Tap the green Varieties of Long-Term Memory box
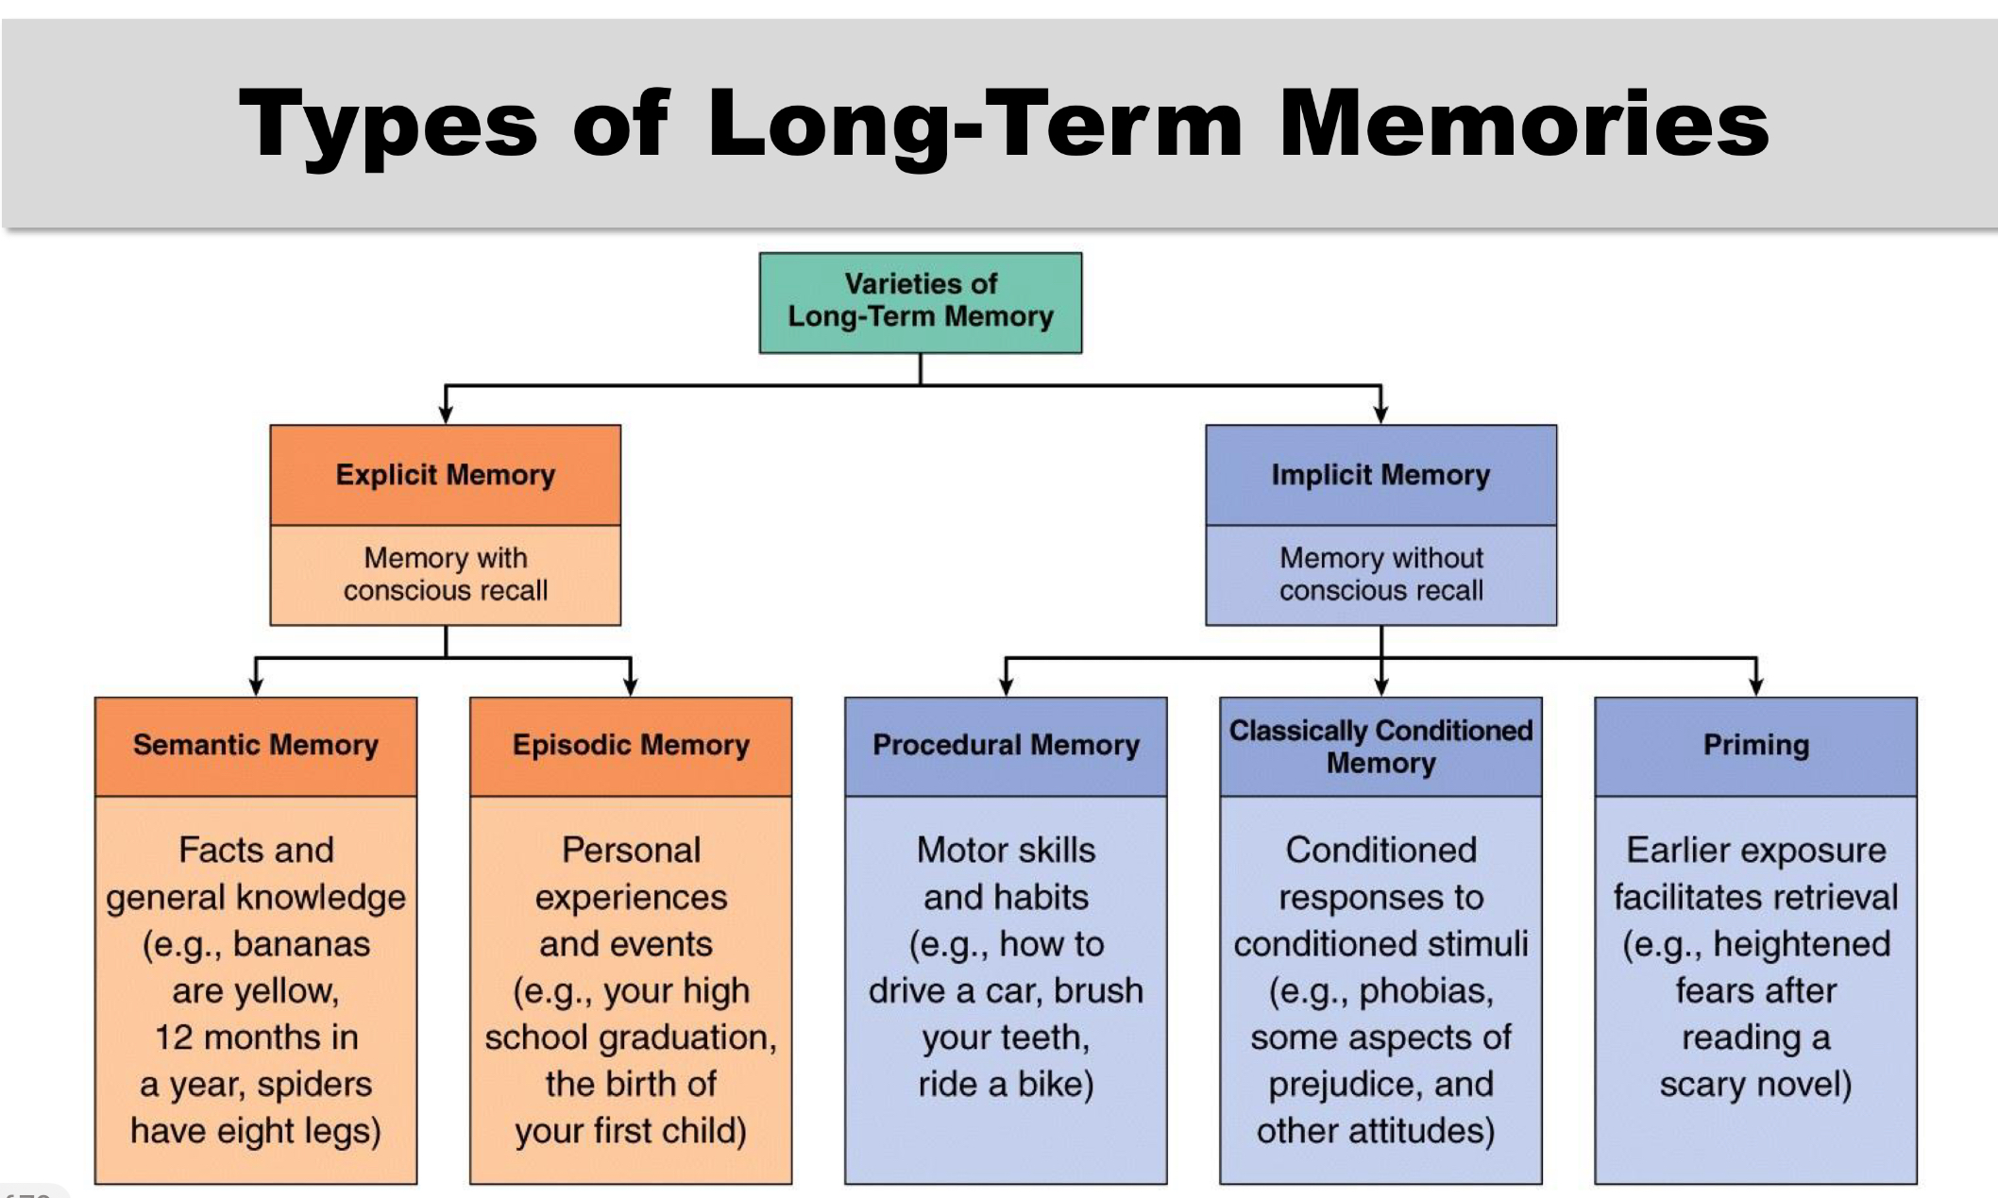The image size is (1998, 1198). point(921,302)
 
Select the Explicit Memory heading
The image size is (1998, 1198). point(445,475)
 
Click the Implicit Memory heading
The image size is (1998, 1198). point(1380,475)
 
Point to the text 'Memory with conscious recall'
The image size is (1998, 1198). point(445,574)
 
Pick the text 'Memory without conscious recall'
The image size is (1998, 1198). point(1380,574)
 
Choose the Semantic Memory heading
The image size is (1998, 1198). point(255,745)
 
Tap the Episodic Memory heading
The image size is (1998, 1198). point(631,745)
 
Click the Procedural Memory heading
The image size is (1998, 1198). point(1006,745)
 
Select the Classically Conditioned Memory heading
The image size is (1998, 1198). point(1380,746)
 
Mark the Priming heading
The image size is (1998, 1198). point(1755,745)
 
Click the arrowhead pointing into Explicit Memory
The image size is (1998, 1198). point(446,414)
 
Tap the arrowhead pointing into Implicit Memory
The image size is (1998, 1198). point(1381,414)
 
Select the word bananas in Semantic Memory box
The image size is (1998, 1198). point(301,944)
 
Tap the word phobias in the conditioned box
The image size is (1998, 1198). point(1426,991)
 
